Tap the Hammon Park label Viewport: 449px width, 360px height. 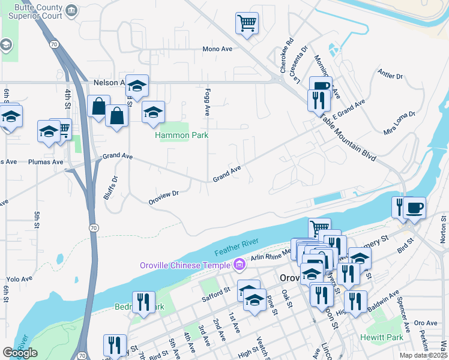coord(181,135)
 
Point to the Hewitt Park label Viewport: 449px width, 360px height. coord(382,338)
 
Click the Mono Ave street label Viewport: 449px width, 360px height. coord(217,49)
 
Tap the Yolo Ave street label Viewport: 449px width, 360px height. coord(19,278)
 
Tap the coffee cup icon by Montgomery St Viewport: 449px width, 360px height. coord(414,208)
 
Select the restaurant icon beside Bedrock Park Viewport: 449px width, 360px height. coord(143,302)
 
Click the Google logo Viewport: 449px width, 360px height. coord(20,353)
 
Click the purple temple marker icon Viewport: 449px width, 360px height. coord(240,264)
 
